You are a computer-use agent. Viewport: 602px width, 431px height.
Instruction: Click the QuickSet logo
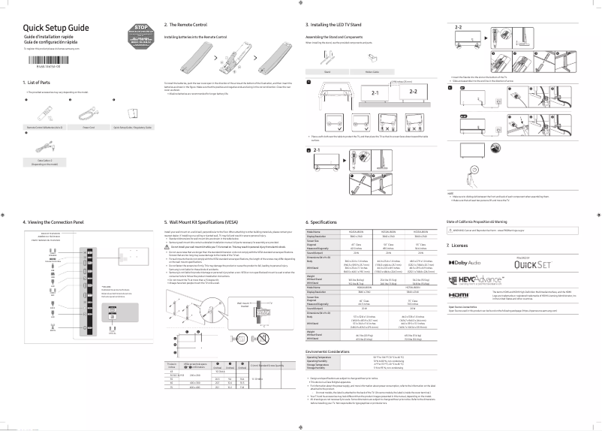[533, 264]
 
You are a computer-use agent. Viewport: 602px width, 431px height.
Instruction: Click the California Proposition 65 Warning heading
[484, 222]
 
